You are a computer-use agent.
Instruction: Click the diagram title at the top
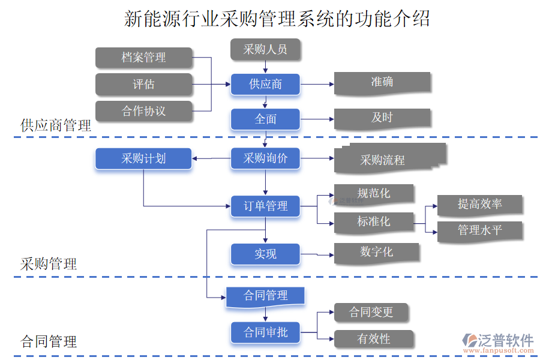point(277,18)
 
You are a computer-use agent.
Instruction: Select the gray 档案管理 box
point(143,58)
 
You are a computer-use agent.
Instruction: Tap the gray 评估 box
point(143,84)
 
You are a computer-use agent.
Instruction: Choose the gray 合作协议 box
point(143,111)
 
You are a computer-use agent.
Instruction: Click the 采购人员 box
point(265,49)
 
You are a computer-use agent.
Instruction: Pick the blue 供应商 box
point(265,84)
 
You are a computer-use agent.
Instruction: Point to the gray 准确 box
point(382,83)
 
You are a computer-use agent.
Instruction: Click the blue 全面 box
point(265,119)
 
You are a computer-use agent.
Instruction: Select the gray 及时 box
point(382,118)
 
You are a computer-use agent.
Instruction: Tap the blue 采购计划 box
point(143,159)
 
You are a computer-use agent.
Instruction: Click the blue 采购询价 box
point(265,159)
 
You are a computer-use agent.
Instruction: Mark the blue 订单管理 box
point(265,206)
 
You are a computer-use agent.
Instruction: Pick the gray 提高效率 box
point(479,205)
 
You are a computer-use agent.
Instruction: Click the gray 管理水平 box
point(479,231)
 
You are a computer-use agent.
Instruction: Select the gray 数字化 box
point(376,253)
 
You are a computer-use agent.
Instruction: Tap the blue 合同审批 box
point(265,332)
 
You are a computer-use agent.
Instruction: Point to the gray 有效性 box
point(373,339)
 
